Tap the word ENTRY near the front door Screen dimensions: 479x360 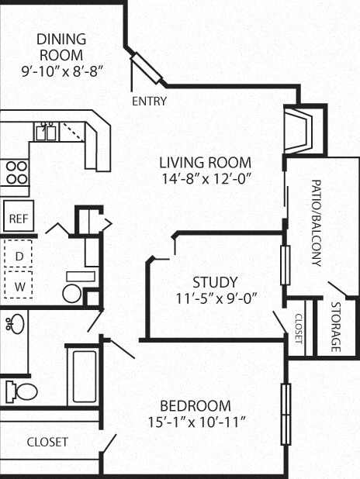tap(149, 101)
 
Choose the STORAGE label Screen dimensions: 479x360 tap(335, 326)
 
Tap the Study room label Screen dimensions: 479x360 tap(216, 281)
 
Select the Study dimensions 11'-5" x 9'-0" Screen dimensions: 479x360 tap(216, 297)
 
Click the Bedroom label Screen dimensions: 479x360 tap(196, 405)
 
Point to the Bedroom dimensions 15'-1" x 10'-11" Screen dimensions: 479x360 tap(196, 422)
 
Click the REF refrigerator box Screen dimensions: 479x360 tap(17, 218)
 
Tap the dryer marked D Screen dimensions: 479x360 tap(19, 255)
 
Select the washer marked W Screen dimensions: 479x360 tap(19, 285)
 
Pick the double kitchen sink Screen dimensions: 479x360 tap(45, 133)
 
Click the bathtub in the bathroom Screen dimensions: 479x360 tap(83, 376)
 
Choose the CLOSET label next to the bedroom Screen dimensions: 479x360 tap(47, 442)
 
